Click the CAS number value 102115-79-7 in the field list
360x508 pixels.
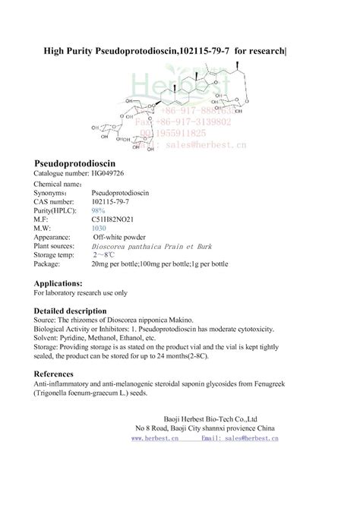112,203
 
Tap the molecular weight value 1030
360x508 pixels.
98,228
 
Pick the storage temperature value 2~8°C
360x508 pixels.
102,254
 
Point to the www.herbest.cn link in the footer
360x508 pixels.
154,438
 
